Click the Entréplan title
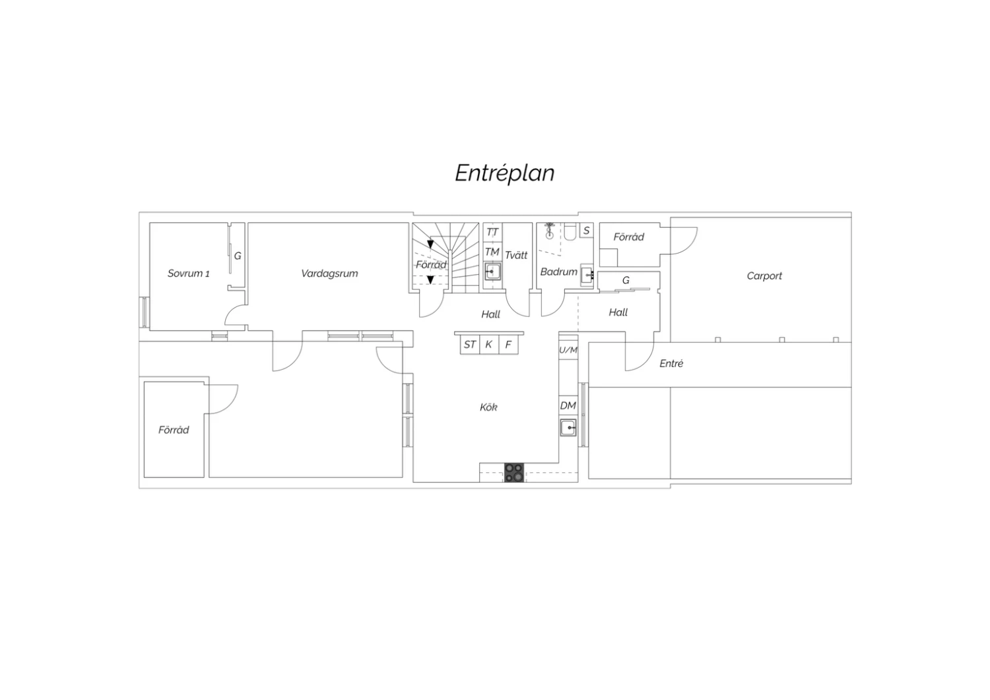pos(505,173)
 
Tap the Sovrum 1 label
pos(188,273)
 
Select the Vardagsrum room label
pos(329,273)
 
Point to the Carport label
pos(764,276)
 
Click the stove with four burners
pos(514,473)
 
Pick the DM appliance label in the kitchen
pos(568,405)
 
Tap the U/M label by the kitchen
pos(568,350)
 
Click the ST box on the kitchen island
pos(470,345)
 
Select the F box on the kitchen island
pos(508,345)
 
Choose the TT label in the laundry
pos(492,232)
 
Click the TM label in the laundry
pos(492,252)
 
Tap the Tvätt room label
pos(516,255)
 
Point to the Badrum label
pos(558,271)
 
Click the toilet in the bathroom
pos(570,232)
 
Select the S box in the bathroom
pos(587,230)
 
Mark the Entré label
pos(671,363)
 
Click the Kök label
pos(488,407)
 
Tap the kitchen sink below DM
pos(568,428)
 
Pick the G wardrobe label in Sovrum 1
pos(238,256)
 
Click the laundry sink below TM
pos(492,271)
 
